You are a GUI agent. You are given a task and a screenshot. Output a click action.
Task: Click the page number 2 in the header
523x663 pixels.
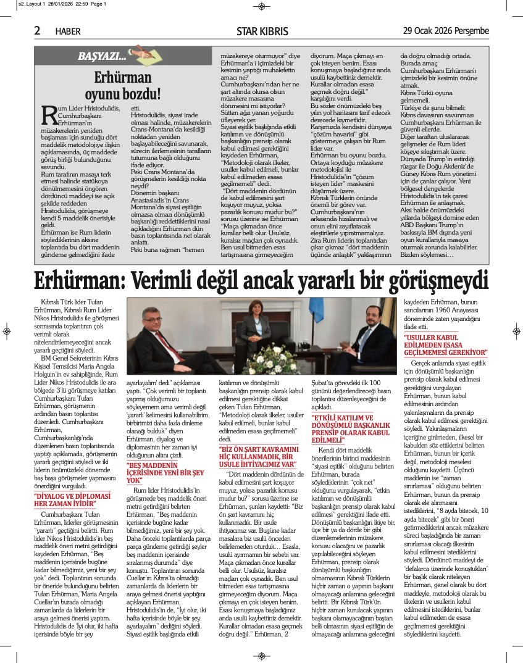(37, 30)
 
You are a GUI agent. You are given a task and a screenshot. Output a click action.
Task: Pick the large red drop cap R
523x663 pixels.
(49, 114)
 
